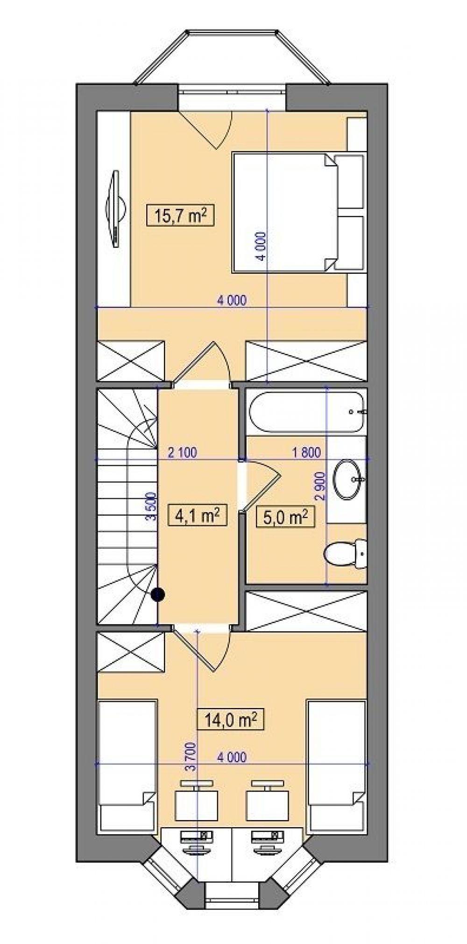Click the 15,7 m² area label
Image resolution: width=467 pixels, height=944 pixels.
[180, 216]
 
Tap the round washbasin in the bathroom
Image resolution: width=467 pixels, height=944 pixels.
[348, 479]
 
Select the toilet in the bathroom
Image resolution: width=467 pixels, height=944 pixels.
[346, 554]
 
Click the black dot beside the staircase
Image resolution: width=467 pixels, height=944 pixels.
[158, 594]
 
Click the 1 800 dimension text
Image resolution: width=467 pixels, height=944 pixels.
[306, 452]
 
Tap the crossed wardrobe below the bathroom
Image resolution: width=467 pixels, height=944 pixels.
[306, 612]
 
